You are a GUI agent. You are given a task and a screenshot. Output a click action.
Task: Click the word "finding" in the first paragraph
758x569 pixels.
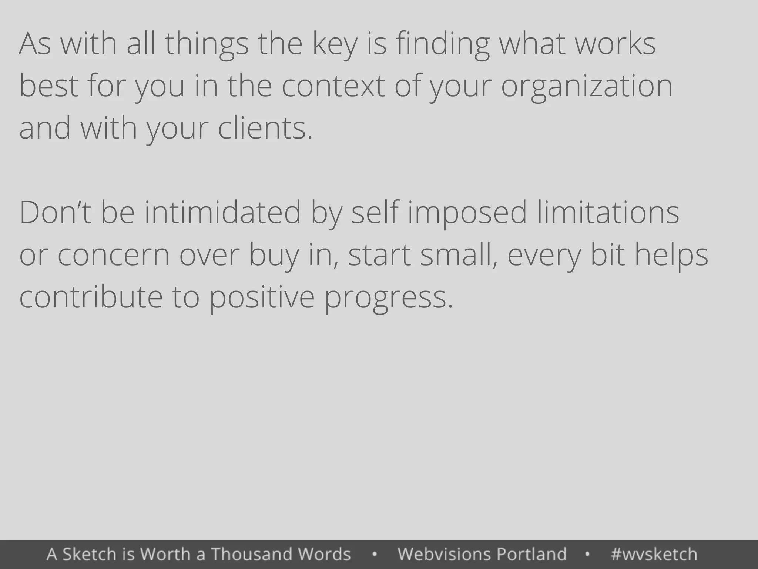tap(443, 44)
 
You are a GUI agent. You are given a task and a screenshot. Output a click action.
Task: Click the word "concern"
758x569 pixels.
tap(113, 256)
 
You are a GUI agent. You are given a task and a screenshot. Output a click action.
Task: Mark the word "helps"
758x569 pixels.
tap(671, 256)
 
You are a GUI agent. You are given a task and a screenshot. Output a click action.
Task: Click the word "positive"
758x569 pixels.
tap(262, 299)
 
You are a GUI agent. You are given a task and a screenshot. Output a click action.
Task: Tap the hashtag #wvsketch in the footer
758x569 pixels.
tap(654, 554)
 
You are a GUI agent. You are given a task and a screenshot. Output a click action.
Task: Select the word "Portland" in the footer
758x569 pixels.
tap(531, 554)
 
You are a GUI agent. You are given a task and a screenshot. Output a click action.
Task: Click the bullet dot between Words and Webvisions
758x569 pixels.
tap(374, 555)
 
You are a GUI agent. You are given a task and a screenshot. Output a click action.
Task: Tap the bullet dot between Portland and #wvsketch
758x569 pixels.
tap(587, 555)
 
